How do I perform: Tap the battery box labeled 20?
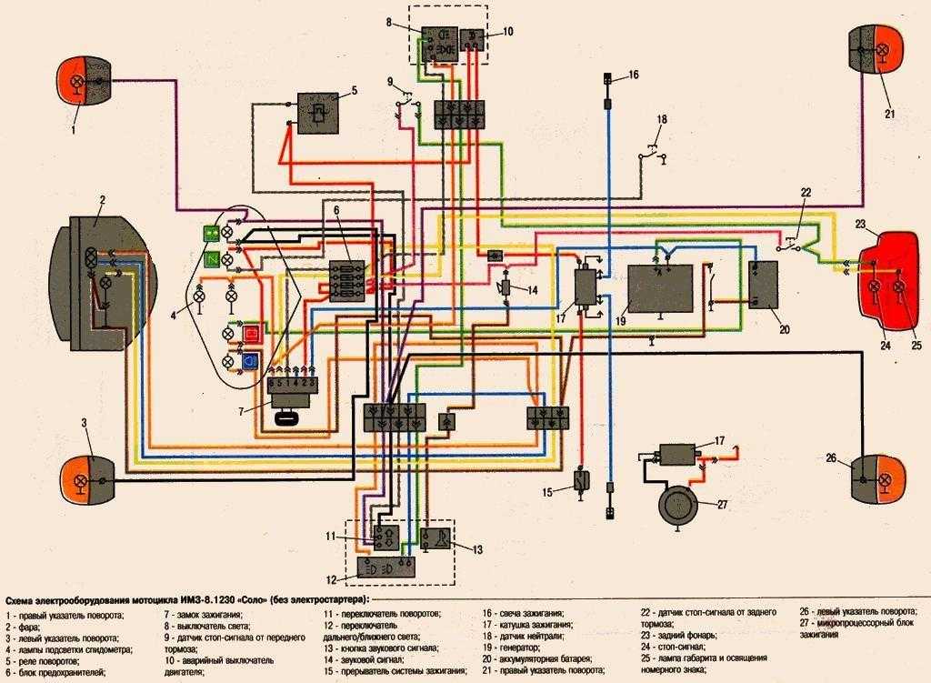762,284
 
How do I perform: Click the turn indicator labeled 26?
877,477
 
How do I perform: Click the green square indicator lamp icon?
210,234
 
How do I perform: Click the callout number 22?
805,192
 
